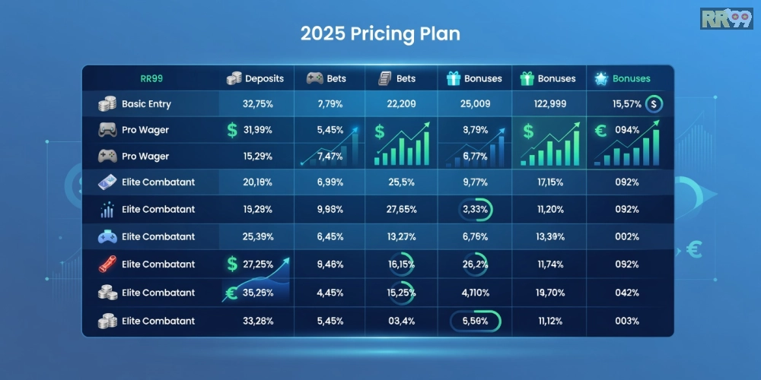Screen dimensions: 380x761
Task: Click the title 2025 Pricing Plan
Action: point(380,34)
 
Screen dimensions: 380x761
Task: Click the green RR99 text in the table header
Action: point(151,78)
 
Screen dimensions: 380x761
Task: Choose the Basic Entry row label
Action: point(145,104)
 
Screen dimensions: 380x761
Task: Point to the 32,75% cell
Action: point(257,104)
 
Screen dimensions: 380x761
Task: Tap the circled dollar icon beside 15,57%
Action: point(653,104)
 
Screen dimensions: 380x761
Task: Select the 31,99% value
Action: point(257,130)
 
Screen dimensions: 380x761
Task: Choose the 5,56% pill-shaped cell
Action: point(476,321)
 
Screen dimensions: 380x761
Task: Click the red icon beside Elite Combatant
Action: point(107,264)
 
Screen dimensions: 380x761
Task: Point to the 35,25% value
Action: point(257,293)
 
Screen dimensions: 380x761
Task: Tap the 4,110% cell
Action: point(476,293)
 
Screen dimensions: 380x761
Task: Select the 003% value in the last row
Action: point(626,321)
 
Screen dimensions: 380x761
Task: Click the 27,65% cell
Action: point(402,209)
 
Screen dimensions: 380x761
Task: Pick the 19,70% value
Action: point(549,293)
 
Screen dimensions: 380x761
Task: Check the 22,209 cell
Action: point(402,104)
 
